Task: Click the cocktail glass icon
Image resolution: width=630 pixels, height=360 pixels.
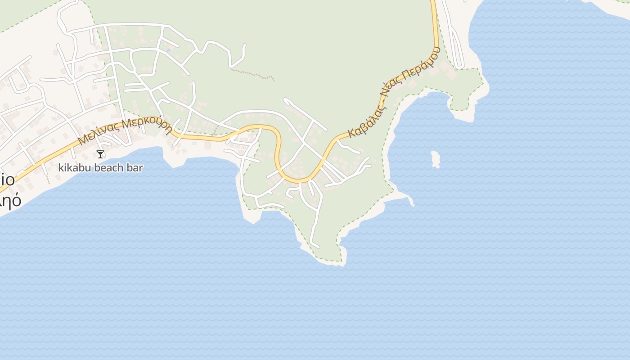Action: pyautogui.click(x=100, y=154)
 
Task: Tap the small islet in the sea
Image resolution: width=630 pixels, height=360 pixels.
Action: pyautogui.click(x=435, y=159)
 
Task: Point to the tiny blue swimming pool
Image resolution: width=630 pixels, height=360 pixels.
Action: pyautogui.click(x=169, y=50)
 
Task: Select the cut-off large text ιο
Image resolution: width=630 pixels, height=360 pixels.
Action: pyautogui.click(x=8, y=180)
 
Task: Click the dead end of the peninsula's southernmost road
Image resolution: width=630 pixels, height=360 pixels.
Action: pyautogui.click(x=318, y=247)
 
